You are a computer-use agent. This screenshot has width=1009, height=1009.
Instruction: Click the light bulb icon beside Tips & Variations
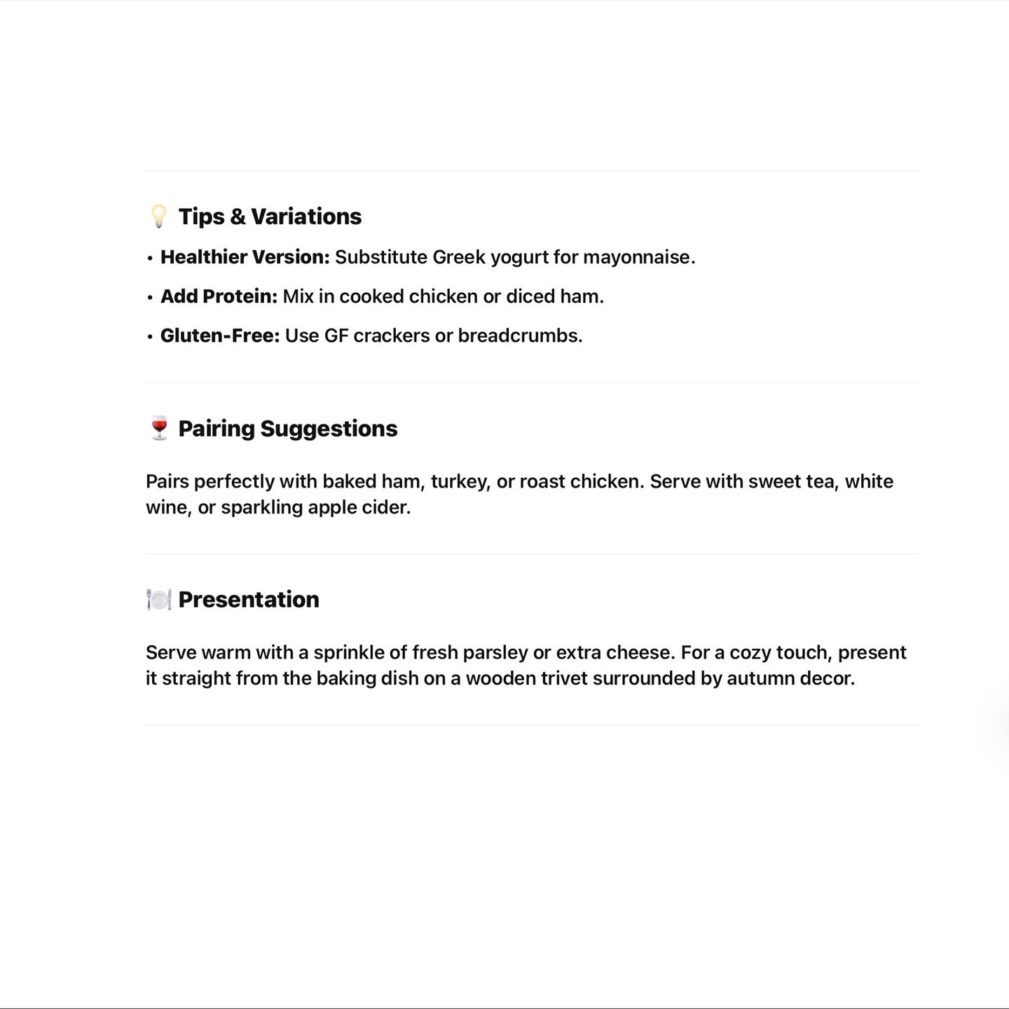tap(159, 217)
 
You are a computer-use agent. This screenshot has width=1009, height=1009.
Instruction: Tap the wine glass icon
tap(159, 428)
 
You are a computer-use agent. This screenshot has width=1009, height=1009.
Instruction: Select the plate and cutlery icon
tap(159, 600)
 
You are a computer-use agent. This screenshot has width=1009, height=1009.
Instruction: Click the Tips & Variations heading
tap(270, 217)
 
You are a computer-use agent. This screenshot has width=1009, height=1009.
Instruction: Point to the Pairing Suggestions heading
tap(287, 428)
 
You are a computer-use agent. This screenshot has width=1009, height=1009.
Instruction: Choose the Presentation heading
tap(249, 600)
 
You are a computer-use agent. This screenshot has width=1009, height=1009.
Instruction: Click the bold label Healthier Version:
tap(245, 257)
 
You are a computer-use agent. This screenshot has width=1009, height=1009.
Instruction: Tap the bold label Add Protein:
tap(219, 296)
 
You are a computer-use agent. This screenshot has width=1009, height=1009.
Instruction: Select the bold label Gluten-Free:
tap(219, 336)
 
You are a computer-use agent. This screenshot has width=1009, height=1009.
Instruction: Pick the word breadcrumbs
tap(519, 336)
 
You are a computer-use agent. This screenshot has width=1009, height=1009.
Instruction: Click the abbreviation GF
tap(336, 336)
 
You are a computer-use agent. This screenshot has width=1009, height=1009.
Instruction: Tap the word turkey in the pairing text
tap(460, 482)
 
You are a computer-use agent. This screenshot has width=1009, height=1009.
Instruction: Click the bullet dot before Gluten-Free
tap(150, 337)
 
